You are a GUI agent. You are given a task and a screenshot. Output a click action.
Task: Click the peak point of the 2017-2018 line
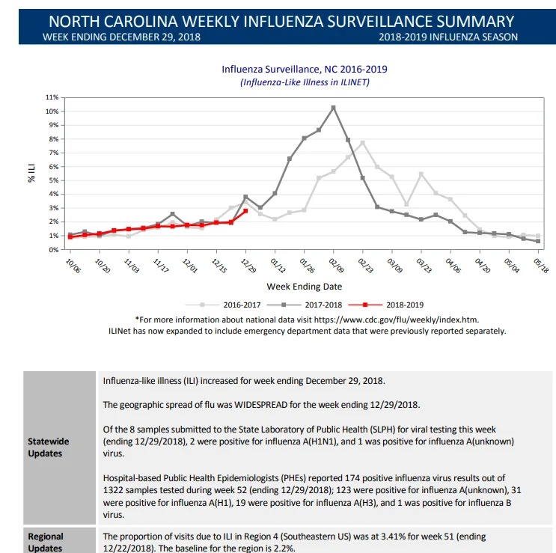(333, 108)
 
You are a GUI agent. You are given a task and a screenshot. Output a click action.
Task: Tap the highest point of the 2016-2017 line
(363, 143)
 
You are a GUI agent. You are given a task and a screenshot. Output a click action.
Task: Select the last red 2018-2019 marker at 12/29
(245, 211)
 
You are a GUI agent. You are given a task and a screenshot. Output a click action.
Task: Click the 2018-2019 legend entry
(386, 305)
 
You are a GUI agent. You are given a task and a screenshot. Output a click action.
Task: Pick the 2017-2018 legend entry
(305, 305)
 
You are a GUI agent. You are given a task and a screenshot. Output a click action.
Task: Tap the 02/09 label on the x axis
(336, 266)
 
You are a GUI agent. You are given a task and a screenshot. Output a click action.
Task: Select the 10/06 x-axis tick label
(73, 266)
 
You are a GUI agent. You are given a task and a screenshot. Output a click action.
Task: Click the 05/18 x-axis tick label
(541, 266)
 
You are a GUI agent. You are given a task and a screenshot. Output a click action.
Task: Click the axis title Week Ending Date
(305, 287)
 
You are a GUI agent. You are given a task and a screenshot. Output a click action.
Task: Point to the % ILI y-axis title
(31, 173)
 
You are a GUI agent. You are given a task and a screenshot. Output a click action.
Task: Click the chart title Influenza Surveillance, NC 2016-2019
(305, 69)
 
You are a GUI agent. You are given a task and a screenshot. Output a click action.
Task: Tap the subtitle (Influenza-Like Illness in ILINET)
(305, 82)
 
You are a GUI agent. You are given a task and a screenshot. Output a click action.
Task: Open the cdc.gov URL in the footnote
(397, 320)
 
